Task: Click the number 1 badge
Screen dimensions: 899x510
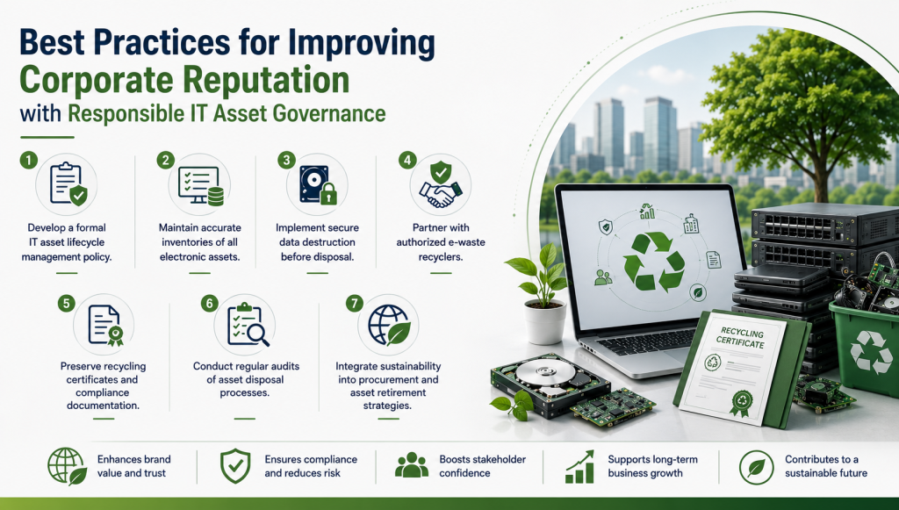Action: [29, 160]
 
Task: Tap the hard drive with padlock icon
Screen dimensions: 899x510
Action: [318, 184]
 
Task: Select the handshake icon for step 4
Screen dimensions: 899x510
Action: [441, 184]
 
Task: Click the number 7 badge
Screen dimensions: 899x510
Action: [355, 303]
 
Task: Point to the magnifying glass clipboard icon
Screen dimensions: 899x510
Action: [248, 324]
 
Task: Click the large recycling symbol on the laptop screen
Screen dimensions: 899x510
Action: [653, 261]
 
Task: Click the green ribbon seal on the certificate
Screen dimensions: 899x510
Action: [741, 402]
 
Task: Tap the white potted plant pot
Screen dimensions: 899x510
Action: [545, 322]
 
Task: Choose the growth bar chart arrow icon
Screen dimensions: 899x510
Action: [579, 466]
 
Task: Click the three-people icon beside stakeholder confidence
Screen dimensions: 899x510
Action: [412, 465]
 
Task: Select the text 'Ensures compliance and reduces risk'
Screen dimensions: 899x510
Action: [311, 466]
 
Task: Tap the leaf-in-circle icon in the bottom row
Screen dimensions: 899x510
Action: [756, 467]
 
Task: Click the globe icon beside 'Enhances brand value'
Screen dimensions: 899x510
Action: [67, 466]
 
